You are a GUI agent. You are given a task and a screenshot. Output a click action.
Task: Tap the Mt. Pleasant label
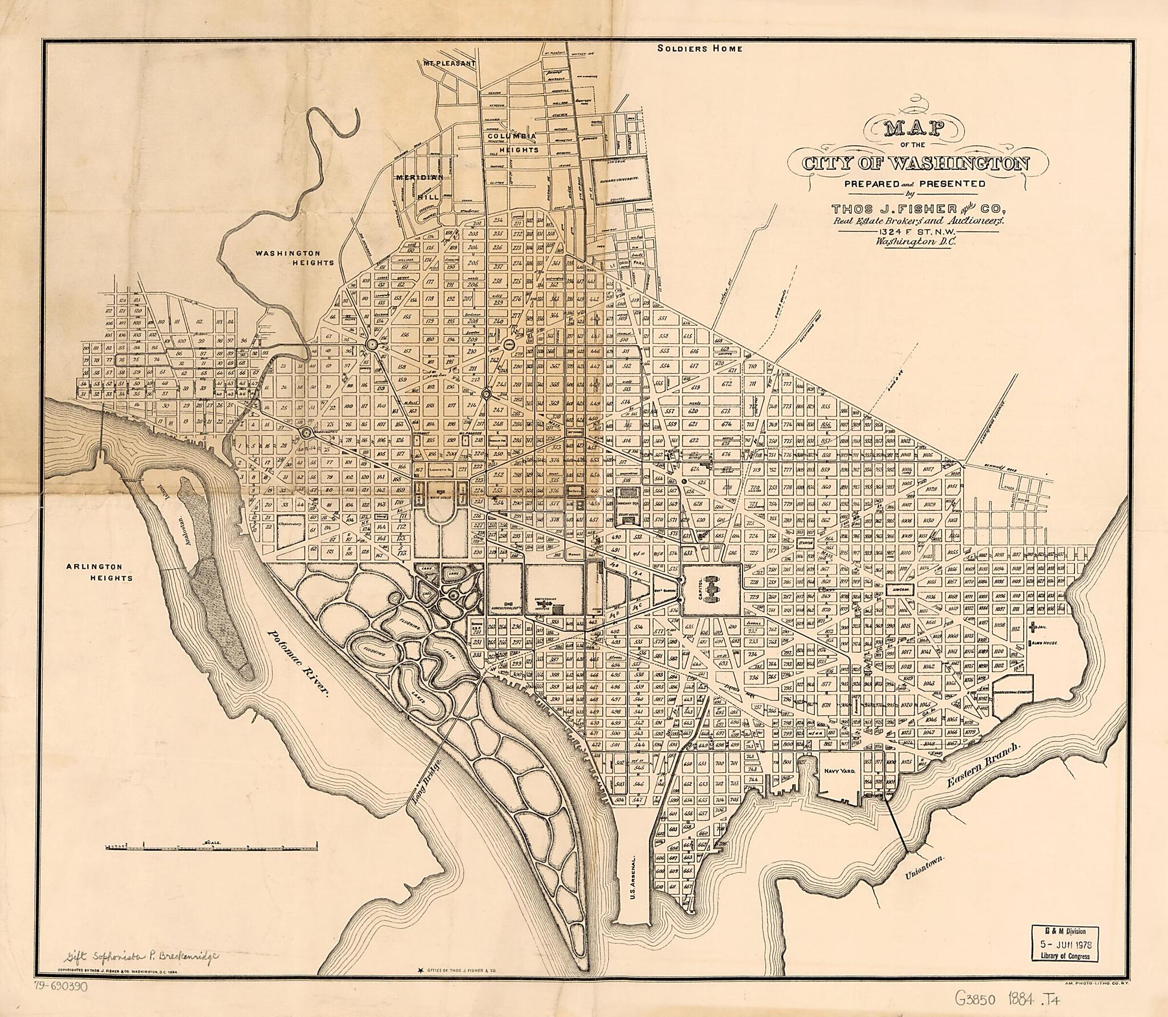pyautogui.click(x=449, y=63)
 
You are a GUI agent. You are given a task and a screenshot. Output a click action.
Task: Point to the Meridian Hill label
pyautogui.click(x=421, y=186)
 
